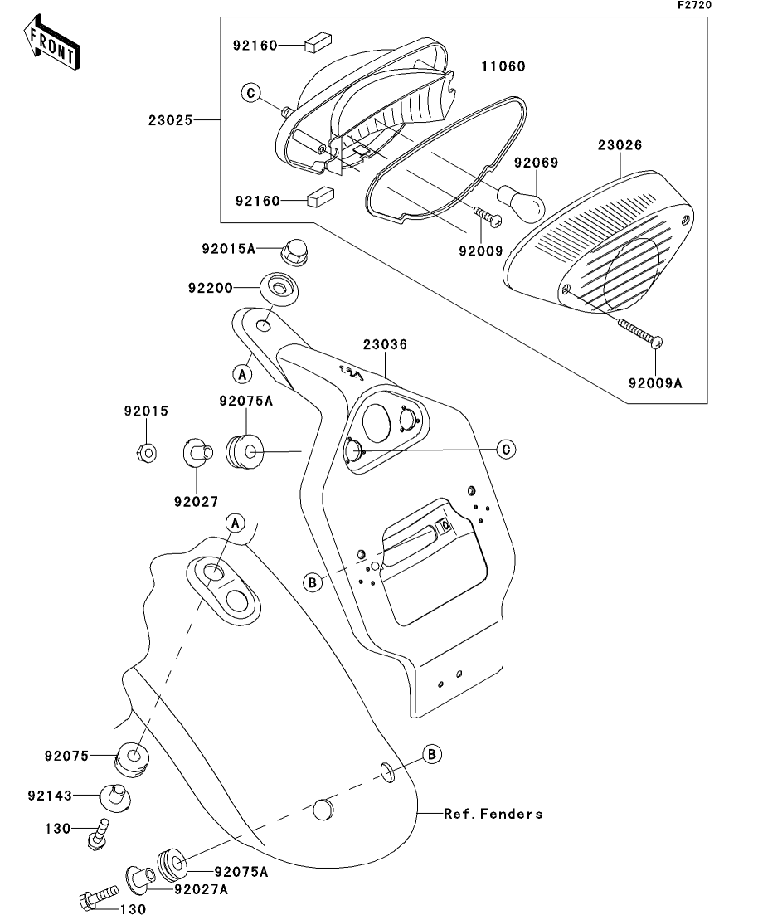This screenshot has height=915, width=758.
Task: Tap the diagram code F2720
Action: click(x=694, y=5)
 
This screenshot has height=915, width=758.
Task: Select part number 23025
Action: click(x=171, y=120)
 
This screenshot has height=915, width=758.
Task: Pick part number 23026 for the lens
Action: click(x=620, y=145)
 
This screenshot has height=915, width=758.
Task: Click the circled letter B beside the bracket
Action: click(x=313, y=584)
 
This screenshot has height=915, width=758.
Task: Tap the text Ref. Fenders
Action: click(x=493, y=814)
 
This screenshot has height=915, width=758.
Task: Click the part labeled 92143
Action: click(x=118, y=796)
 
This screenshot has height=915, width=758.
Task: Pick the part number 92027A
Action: click(x=201, y=889)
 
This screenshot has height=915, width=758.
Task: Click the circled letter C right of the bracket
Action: click(x=506, y=450)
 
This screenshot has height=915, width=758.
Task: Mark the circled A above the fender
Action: click(x=236, y=523)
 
